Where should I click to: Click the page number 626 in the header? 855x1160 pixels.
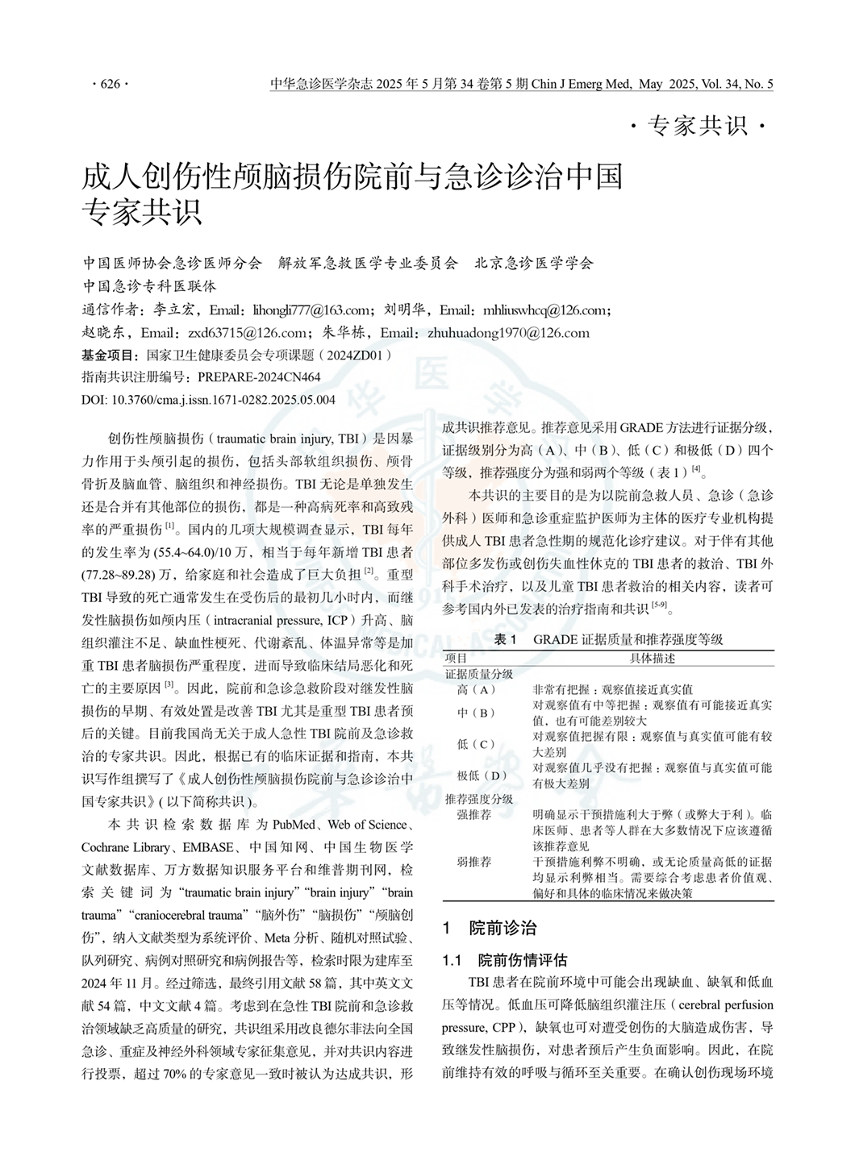pos(110,84)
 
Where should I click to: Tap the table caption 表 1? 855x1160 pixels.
pos(505,639)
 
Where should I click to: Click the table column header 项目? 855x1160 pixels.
pos(457,658)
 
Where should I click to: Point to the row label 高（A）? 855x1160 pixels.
pos(476,689)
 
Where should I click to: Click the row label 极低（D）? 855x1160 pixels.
pos(482,775)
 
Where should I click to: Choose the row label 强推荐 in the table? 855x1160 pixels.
pos(473,815)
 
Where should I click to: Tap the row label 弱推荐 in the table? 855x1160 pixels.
pos(473,862)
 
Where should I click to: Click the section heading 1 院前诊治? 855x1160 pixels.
pos(490,927)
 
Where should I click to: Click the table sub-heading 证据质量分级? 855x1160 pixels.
pos(479,673)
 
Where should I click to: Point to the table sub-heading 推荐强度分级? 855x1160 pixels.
pos(479,799)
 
